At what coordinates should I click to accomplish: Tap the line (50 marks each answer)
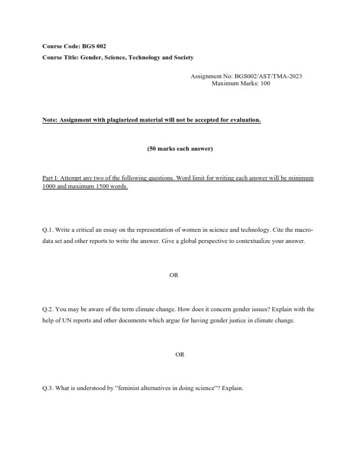179,149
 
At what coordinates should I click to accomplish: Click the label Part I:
52,178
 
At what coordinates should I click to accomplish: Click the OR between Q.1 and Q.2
174,275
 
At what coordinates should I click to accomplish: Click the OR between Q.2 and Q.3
180,354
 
